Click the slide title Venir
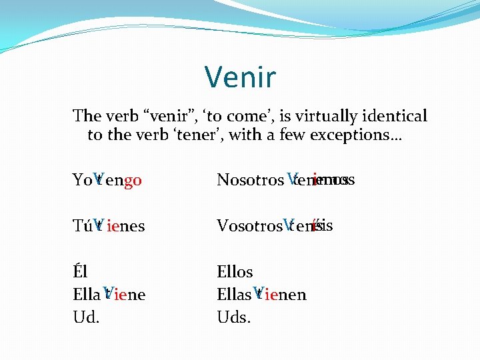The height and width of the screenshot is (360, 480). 240,77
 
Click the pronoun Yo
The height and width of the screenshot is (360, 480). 82,180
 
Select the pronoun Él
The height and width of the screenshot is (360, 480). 80,272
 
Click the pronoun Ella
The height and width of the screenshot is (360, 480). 86,295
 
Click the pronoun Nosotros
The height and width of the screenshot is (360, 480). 250,180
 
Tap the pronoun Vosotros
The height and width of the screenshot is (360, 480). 249,226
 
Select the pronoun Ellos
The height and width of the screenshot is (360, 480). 235,272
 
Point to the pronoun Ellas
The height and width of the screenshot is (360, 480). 234,295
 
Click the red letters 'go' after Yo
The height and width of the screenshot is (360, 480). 133,180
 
